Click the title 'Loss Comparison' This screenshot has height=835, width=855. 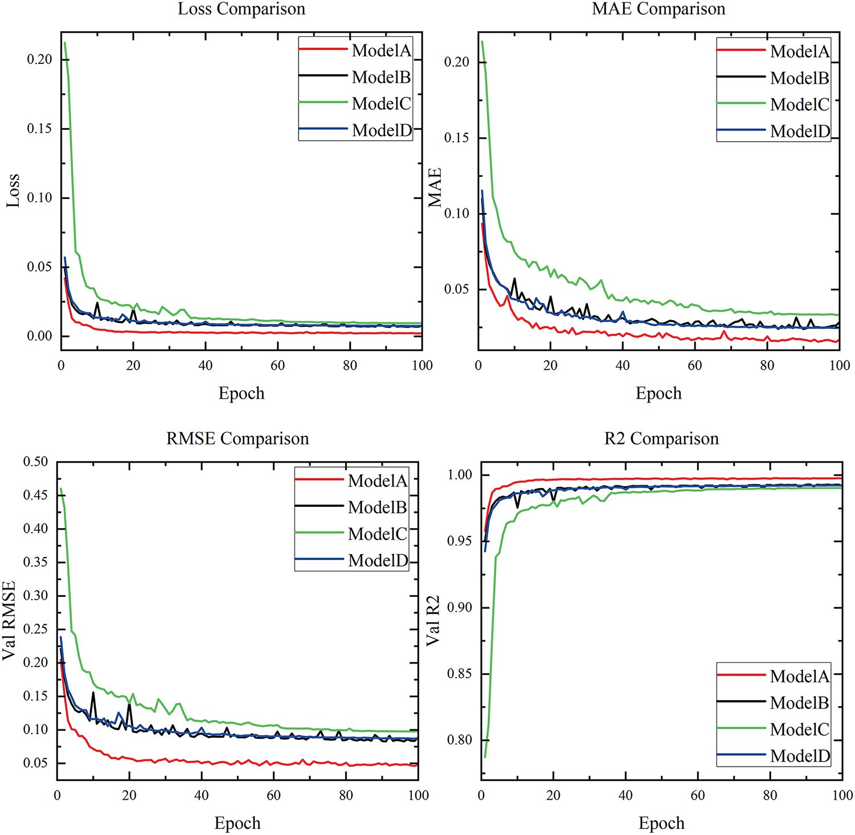pyautogui.click(x=242, y=9)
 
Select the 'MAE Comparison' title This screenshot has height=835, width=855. pyautogui.click(x=658, y=9)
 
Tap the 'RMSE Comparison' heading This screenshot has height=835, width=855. pyautogui.click(x=238, y=439)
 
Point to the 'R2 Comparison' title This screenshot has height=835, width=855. pyautogui.click(x=661, y=439)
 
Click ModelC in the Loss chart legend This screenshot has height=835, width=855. pyautogui.click(x=381, y=104)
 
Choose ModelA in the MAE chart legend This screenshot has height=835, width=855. pyautogui.click(x=800, y=51)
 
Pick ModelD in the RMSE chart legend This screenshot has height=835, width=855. pyautogui.click(x=378, y=560)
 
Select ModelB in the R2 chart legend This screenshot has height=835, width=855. pyautogui.click(x=799, y=703)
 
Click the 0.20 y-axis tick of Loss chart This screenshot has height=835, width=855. pyautogui.click(x=39, y=59)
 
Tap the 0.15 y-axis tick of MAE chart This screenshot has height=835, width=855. pyautogui.click(x=457, y=138)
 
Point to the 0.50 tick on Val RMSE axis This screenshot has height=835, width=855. pyautogui.click(x=35, y=461)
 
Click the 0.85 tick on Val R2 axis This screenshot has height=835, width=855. pyautogui.click(x=460, y=674)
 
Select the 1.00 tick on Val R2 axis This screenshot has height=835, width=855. pyautogui.click(x=460, y=474)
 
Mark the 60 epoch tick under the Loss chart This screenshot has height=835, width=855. pyautogui.click(x=277, y=366)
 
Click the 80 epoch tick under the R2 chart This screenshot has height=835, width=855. pyautogui.click(x=770, y=795)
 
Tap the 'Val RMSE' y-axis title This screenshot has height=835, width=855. pyautogui.click(x=9, y=620)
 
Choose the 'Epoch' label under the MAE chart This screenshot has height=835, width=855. pyautogui.click(x=658, y=393)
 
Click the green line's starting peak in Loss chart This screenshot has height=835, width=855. pyautogui.click(x=65, y=43)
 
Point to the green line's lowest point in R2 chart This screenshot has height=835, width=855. pyautogui.click(x=485, y=756)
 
